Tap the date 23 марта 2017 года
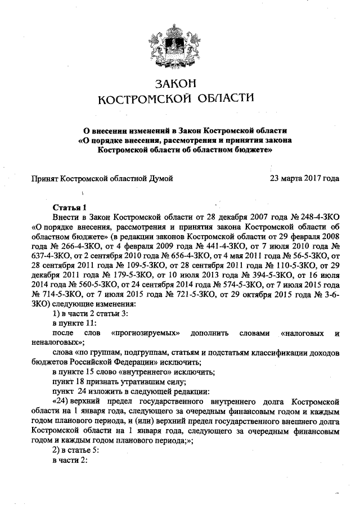[x=304, y=179]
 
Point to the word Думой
[x=159, y=179]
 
